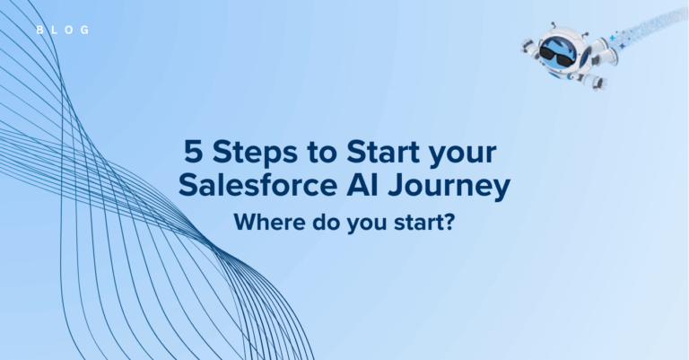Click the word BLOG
pyautogui.click(x=63, y=30)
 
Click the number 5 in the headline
pyautogui.click(x=194, y=152)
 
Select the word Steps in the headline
pyautogui.click(x=255, y=154)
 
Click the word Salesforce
pyautogui.click(x=257, y=185)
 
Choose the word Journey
pyautogui.click(x=449, y=188)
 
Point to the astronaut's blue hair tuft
pyautogui.click(x=559, y=42)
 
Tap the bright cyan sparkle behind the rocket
pyautogui.click(x=612, y=39)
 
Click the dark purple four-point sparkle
pyautogui.click(x=622, y=45)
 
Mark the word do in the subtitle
pyautogui.click(x=326, y=222)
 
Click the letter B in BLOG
pyautogui.click(x=39, y=30)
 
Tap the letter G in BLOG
pyautogui.click(x=85, y=30)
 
